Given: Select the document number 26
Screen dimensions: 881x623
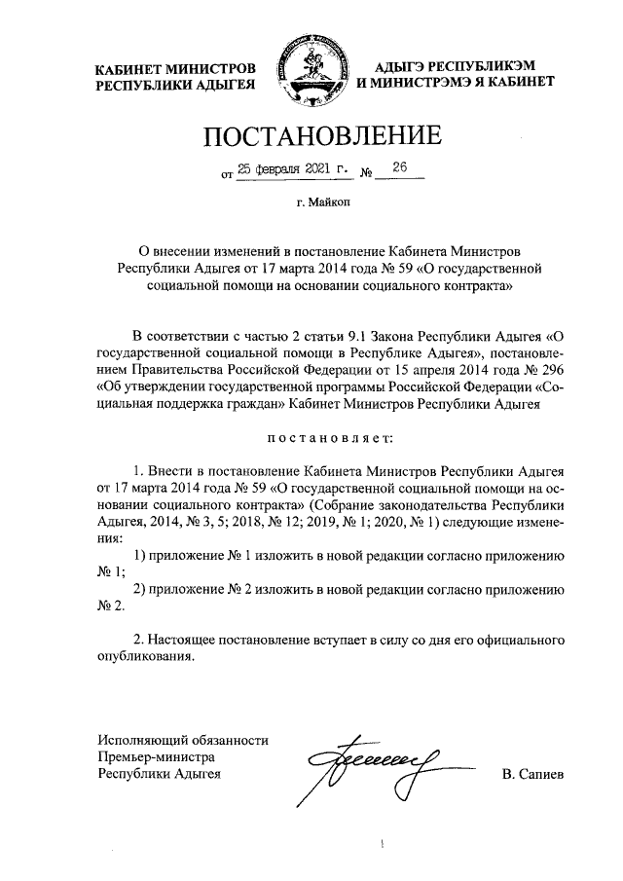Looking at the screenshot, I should (399, 167).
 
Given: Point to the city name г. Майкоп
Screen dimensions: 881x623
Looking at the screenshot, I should (311, 203).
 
